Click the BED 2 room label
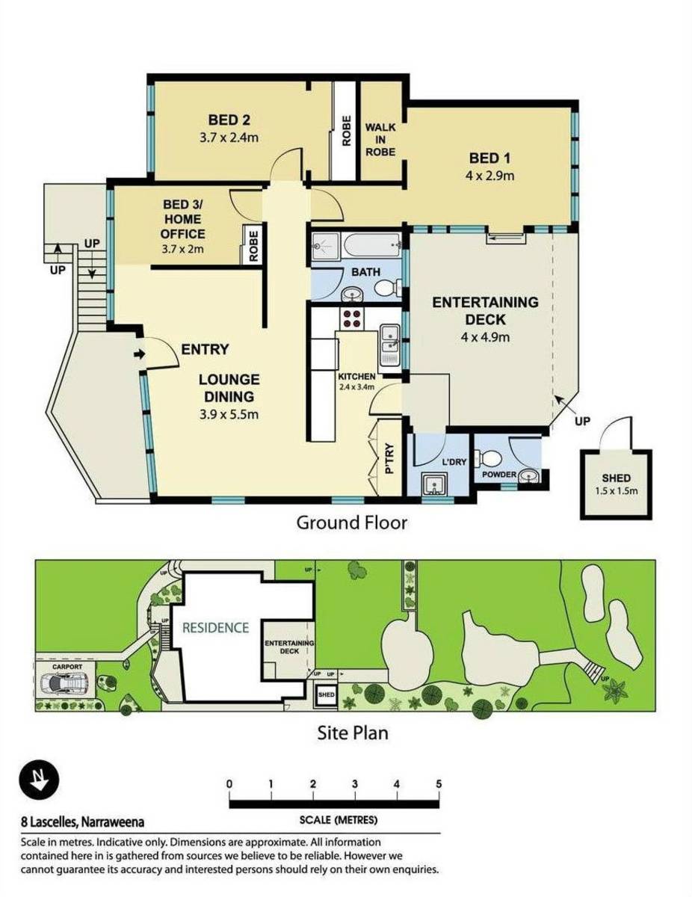[x=229, y=120]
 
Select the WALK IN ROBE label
[x=380, y=140]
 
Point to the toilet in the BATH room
[x=385, y=289]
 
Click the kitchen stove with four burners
[x=351, y=319]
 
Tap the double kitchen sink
[x=389, y=342]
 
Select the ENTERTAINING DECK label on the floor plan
[x=485, y=311]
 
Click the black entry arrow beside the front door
[x=139, y=354]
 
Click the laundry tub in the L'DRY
[x=433, y=487]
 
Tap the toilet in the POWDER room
[x=492, y=457]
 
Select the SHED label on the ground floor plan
[x=616, y=478]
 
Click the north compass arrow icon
[x=35, y=781]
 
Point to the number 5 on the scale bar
[x=439, y=783]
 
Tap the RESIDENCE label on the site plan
[x=215, y=627]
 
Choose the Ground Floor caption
[x=352, y=523]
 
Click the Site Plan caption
[x=352, y=733]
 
